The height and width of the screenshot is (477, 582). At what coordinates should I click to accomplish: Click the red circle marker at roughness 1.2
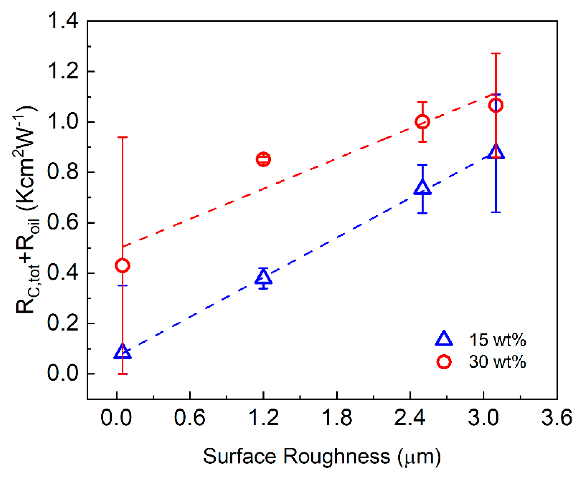pos(263,159)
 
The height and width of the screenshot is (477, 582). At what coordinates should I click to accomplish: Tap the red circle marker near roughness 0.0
pos(122,265)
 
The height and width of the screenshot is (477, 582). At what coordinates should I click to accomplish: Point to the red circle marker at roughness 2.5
pos(422,121)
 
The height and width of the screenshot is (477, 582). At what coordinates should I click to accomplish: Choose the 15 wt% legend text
pos(497,340)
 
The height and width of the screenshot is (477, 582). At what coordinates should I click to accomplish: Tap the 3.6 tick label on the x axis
pos(557,417)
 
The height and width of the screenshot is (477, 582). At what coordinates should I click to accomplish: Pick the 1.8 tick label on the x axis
pos(337,417)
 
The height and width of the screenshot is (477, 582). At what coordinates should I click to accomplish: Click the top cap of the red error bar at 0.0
pos(122,137)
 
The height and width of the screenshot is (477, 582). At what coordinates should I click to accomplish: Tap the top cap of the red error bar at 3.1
pos(496,53)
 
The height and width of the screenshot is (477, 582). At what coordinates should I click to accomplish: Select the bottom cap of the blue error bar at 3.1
pos(496,212)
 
